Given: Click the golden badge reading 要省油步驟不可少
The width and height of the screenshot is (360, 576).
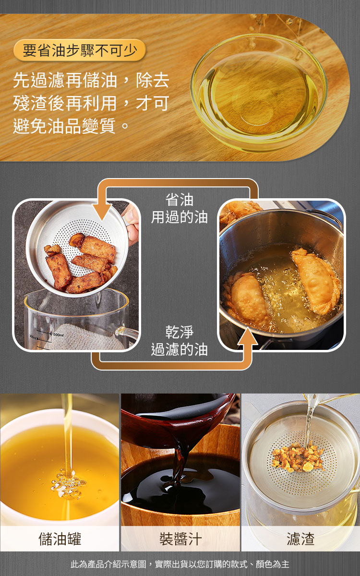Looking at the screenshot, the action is tap(80, 50).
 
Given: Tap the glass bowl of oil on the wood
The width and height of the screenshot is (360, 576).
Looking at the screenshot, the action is tap(259, 92).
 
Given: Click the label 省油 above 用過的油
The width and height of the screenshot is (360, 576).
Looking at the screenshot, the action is tap(179, 200).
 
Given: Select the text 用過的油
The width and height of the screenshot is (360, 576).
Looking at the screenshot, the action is tap(179, 217).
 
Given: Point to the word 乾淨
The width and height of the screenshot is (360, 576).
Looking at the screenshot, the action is tap(179, 332).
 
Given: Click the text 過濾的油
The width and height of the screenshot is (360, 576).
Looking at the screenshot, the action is tap(179, 349).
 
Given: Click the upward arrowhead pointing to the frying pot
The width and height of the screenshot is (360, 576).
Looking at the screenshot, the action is tap(247, 336).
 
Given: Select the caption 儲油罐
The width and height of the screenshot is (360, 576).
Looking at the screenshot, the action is tap(60, 539).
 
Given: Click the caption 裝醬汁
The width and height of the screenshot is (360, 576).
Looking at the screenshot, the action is tap(180, 539).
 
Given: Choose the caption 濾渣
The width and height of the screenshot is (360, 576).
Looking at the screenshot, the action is tap(300, 539).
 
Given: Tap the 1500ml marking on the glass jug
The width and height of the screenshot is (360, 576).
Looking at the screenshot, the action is tap(58, 335).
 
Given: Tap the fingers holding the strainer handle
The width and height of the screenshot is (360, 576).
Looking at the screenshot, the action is tap(132, 226).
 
